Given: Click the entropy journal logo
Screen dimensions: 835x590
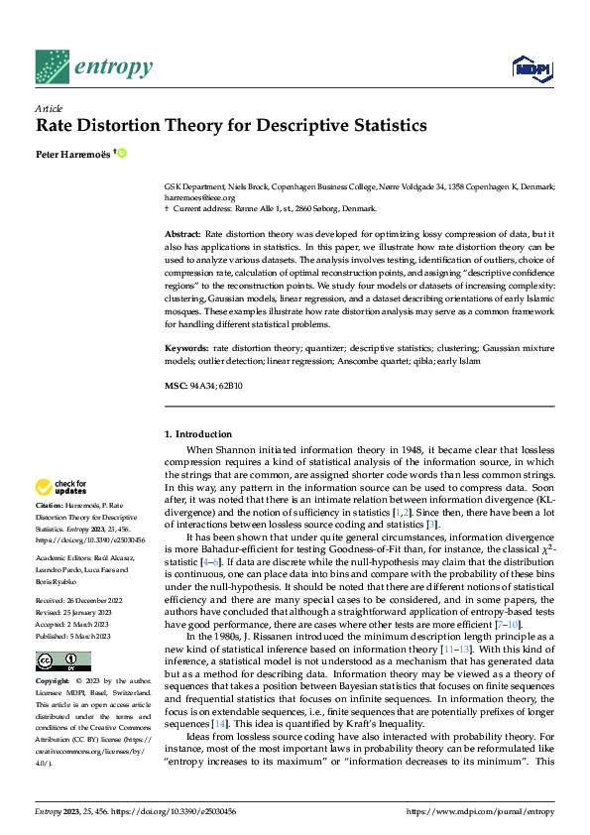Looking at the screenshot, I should (x=94, y=67).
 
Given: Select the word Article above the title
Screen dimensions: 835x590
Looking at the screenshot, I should (x=48, y=108).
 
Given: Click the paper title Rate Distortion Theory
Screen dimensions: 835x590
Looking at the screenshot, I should (x=231, y=126).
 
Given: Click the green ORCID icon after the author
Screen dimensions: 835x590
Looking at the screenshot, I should (x=123, y=153).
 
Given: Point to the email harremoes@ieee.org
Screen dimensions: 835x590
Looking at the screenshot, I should (x=199, y=197).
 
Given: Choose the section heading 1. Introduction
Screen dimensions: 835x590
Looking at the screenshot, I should (x=198, y=434).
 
